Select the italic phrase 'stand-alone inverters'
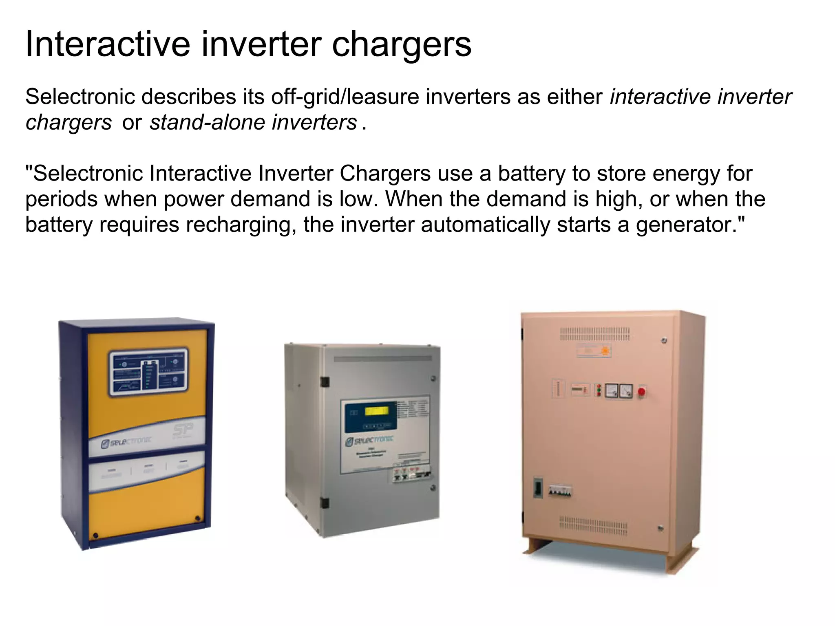pyautogui.click(x=253, y=122)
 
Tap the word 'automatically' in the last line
pyautogui.click(x=485, y=225)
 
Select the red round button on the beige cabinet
pyautogui.click(x=641, y=392)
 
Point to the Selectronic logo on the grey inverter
pyautogui.click(x=369, y=441)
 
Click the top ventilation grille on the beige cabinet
pyautogui.click(x=594, y=334)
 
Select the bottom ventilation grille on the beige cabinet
pyautogui.click(x=593, y=525)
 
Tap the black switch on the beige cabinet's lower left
pyautogui.click(x=538, y=488)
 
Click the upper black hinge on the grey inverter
pyautogui.click(x=325, y=382)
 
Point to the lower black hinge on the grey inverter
pyautogui.click(x=325, y=503)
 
